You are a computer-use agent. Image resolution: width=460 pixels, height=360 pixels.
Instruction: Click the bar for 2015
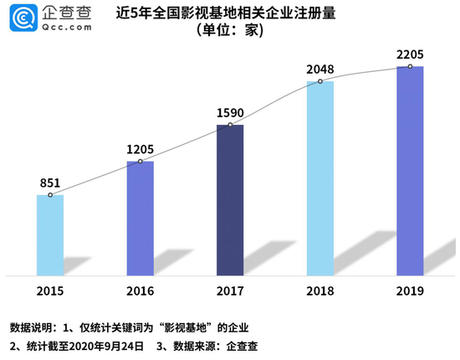(50, 235)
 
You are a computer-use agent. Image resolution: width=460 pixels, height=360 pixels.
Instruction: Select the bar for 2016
(140, 219)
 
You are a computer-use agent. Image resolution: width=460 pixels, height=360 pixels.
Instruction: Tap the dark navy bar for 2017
(230, 200)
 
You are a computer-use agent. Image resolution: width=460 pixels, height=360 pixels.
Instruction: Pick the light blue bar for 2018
(320, 178)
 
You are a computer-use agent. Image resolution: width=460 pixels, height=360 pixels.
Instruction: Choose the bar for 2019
(410, 171)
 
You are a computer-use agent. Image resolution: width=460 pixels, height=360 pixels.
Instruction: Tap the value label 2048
(320, 67)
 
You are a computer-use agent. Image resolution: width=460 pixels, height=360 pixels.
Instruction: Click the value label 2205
(410, 53)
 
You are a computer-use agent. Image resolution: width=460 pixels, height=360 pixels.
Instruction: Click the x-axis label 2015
(50, 290)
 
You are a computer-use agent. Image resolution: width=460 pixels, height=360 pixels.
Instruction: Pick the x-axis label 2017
(230, 290)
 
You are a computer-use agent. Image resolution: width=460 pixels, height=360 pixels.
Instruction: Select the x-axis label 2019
(410, 290)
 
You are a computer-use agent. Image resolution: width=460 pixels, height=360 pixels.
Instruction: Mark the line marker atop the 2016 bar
(140, 161)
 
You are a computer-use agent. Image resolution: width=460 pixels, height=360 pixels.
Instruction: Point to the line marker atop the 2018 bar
(320, 81)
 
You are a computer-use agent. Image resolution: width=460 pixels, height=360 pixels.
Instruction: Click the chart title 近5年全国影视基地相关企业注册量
(229, 14)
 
